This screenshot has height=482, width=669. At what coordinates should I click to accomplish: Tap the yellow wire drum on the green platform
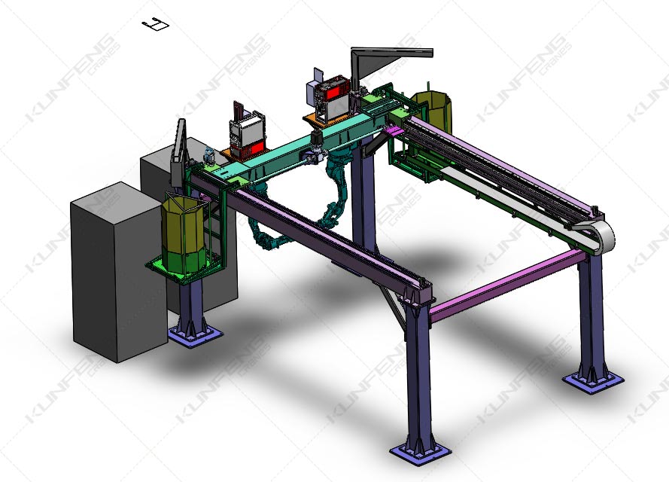pos(184,233)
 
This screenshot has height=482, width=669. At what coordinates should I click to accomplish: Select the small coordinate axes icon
pos(156,24)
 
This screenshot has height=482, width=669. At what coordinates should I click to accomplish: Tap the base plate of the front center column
pos(420,451)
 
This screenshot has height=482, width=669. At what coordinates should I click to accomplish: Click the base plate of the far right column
pos(593,381)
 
